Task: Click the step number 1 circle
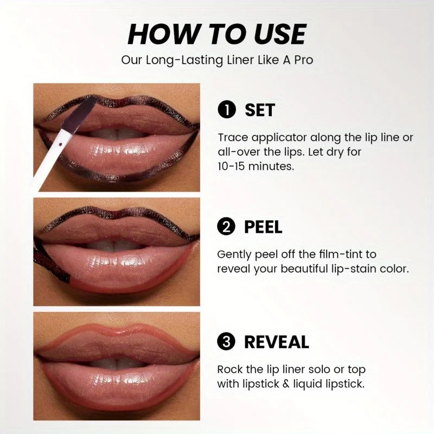coord(227,110)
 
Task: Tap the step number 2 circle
coord(227,227)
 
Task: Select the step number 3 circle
coord(227,342)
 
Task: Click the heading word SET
coord(260,110)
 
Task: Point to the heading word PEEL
coord(263,227)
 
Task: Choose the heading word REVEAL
coord(276,342)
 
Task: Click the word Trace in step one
coord(231,138)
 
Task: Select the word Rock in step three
coord(230,369)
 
